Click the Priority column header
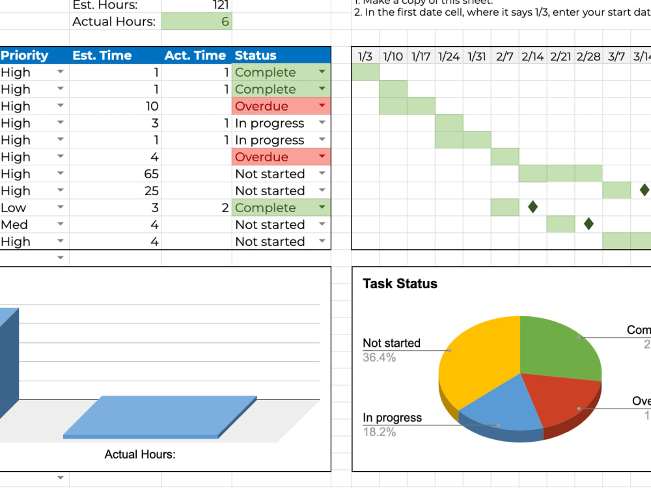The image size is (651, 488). click(x=25, y=56)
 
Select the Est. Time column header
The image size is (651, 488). click(x=102, y=56)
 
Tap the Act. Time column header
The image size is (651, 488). click(x=195, y=56)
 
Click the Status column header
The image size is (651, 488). click(x=255, y=56)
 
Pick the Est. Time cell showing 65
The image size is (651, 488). click(x=152, y=174)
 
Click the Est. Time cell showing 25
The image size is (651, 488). click(x=152, y=191)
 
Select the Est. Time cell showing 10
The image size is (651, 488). click(x=152, y=107)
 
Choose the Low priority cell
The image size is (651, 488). click(x=14, y=208)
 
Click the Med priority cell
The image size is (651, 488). click(x=14, y=225)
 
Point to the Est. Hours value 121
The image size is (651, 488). click(x=220, y=5)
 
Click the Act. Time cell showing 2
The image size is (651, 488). click(x=225, y=208)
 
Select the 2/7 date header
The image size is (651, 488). click(x=505, y=57)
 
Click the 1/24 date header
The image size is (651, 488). click(x=449, y=57)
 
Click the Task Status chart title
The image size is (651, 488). click(x=400, y=284)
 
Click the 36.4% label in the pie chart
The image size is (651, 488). click(x=379, y=357)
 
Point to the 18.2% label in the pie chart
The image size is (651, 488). click(x=379, y=432)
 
